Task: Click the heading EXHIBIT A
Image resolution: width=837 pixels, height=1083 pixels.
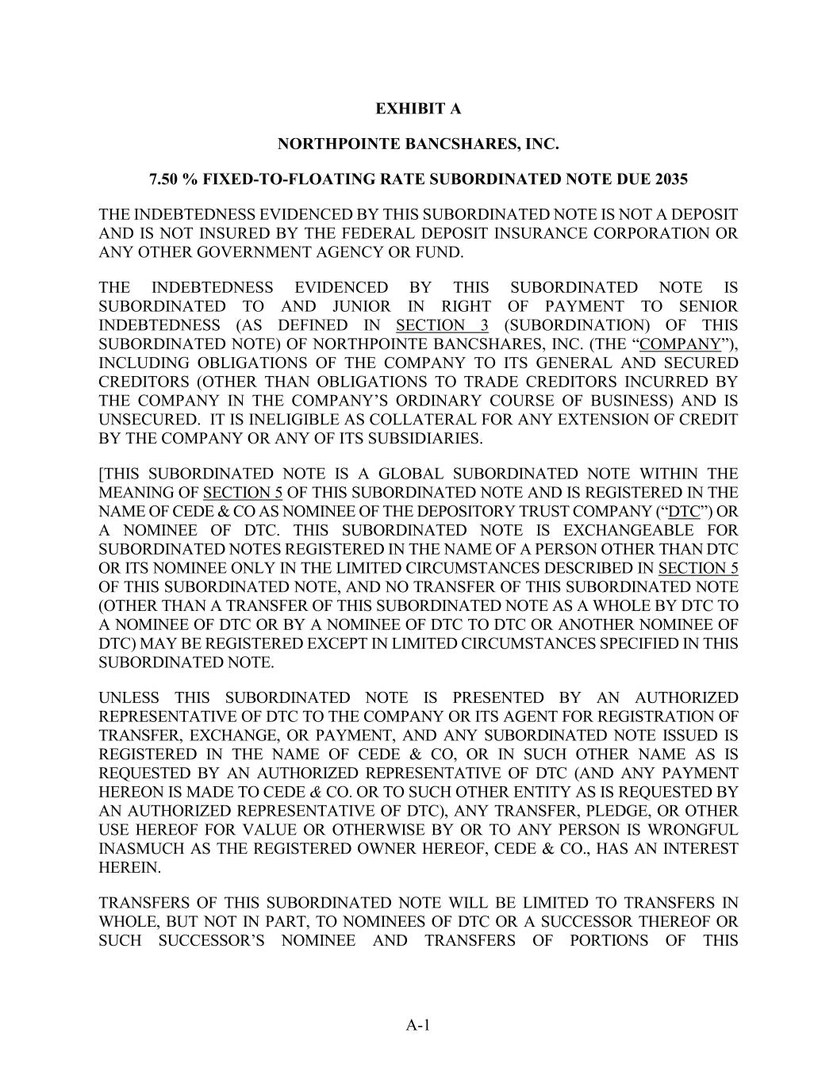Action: coord(418,109)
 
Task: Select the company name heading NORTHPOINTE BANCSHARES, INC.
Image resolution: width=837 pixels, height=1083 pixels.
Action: coord(418,144)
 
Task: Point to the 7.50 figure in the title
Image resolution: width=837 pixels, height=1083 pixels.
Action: coord(164,180)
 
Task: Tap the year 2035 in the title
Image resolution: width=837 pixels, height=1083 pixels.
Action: coord(672,180)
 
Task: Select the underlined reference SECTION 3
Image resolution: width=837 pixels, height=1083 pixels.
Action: coord(442,325)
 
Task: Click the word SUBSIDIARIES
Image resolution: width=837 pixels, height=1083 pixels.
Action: coord(419,439)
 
